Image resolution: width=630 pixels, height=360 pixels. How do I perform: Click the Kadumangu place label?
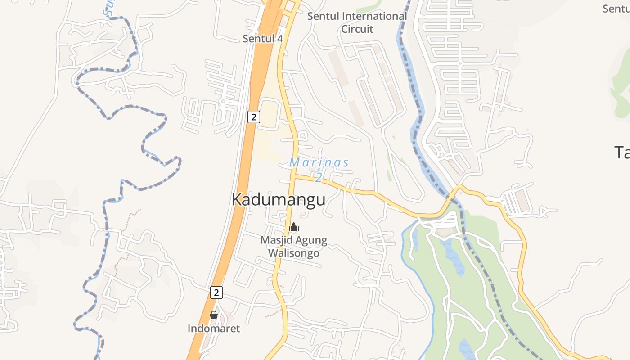coord(278,199)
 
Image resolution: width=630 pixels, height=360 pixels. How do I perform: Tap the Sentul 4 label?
coord(263,39)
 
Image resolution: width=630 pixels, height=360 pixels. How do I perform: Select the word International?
coord(374,17)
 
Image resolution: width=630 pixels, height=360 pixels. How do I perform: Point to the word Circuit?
coord(357,29)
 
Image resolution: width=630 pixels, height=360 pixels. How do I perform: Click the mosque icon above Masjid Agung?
coord(294,227)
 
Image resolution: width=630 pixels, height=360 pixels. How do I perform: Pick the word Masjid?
coord(276,240)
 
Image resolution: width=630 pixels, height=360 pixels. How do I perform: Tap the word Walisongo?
coord(294,253)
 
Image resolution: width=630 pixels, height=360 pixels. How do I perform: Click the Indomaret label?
coord(214,328)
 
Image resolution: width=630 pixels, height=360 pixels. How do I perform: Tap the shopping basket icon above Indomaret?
coord(214,315)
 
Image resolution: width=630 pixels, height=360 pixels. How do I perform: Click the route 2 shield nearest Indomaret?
coord(216,292)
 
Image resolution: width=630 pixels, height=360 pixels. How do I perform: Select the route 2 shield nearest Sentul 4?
coord(254,117)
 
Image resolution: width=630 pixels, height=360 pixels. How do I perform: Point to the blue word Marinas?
coord(319,162)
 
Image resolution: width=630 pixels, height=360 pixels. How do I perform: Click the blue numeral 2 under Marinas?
coord(319,178)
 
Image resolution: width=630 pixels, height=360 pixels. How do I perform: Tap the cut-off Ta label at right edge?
coord(622,153)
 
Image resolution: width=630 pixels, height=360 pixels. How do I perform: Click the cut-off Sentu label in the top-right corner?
coord(616,9)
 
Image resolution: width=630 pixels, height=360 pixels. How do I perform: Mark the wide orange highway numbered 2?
coord(238,189)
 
